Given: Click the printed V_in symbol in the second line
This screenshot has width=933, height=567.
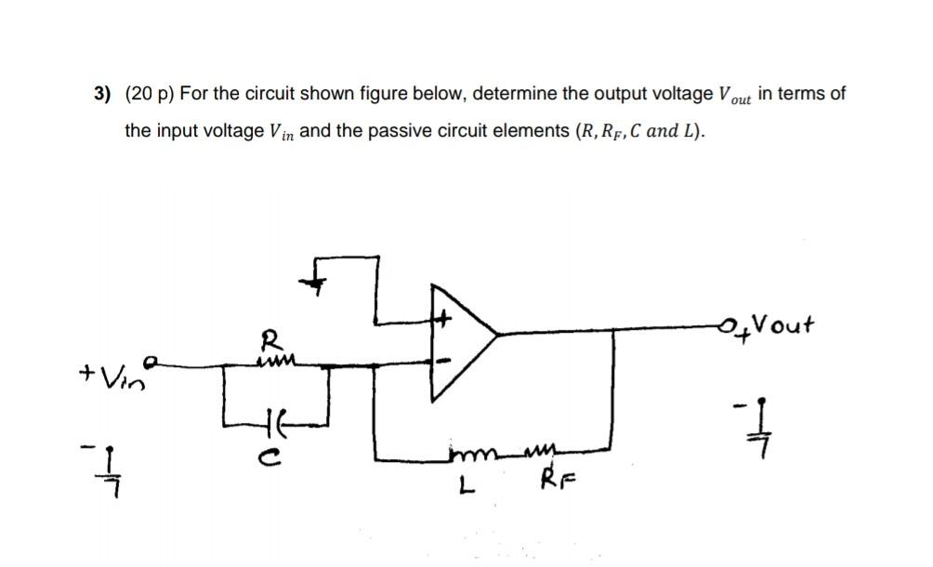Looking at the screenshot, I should point(282,132).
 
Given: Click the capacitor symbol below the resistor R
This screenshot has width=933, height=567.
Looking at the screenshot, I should point(277,416).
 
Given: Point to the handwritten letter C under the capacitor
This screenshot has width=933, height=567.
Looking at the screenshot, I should point(278,444).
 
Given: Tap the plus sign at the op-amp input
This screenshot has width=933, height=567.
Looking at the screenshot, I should point(444,319).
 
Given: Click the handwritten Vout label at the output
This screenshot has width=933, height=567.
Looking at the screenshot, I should point(782,325).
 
